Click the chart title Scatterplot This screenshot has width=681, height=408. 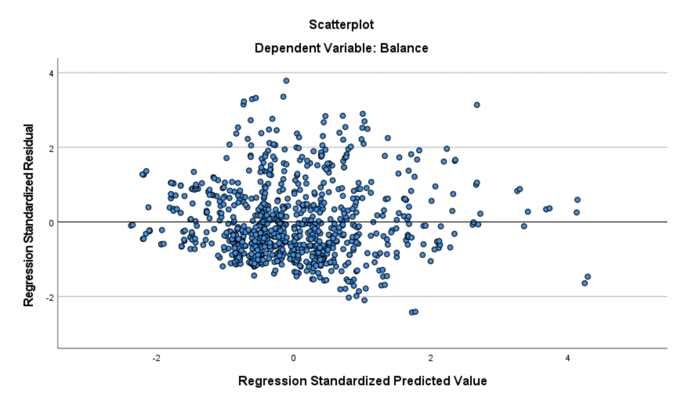(341, 25)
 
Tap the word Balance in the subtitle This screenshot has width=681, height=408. (404, 48)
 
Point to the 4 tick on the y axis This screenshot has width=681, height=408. (51, 73)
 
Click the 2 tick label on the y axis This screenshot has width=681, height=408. (51, 148)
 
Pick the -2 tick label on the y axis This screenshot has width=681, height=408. (49, 297)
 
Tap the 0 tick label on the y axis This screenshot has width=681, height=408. (51, 222)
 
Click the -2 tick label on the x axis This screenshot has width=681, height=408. (156, 358)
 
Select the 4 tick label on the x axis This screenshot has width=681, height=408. (567, 358)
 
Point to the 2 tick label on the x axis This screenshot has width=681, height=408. (431, 358)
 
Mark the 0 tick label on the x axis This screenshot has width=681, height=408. (293, 358)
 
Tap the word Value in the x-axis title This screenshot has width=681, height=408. (470, 381)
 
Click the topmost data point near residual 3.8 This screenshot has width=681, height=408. (286, 81)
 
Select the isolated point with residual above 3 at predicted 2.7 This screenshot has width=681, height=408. (477, 105)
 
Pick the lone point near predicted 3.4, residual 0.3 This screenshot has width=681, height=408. (528, 212)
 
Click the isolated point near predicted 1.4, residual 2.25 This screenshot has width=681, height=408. (388, 138)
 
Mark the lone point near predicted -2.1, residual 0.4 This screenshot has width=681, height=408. (148, 207)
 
